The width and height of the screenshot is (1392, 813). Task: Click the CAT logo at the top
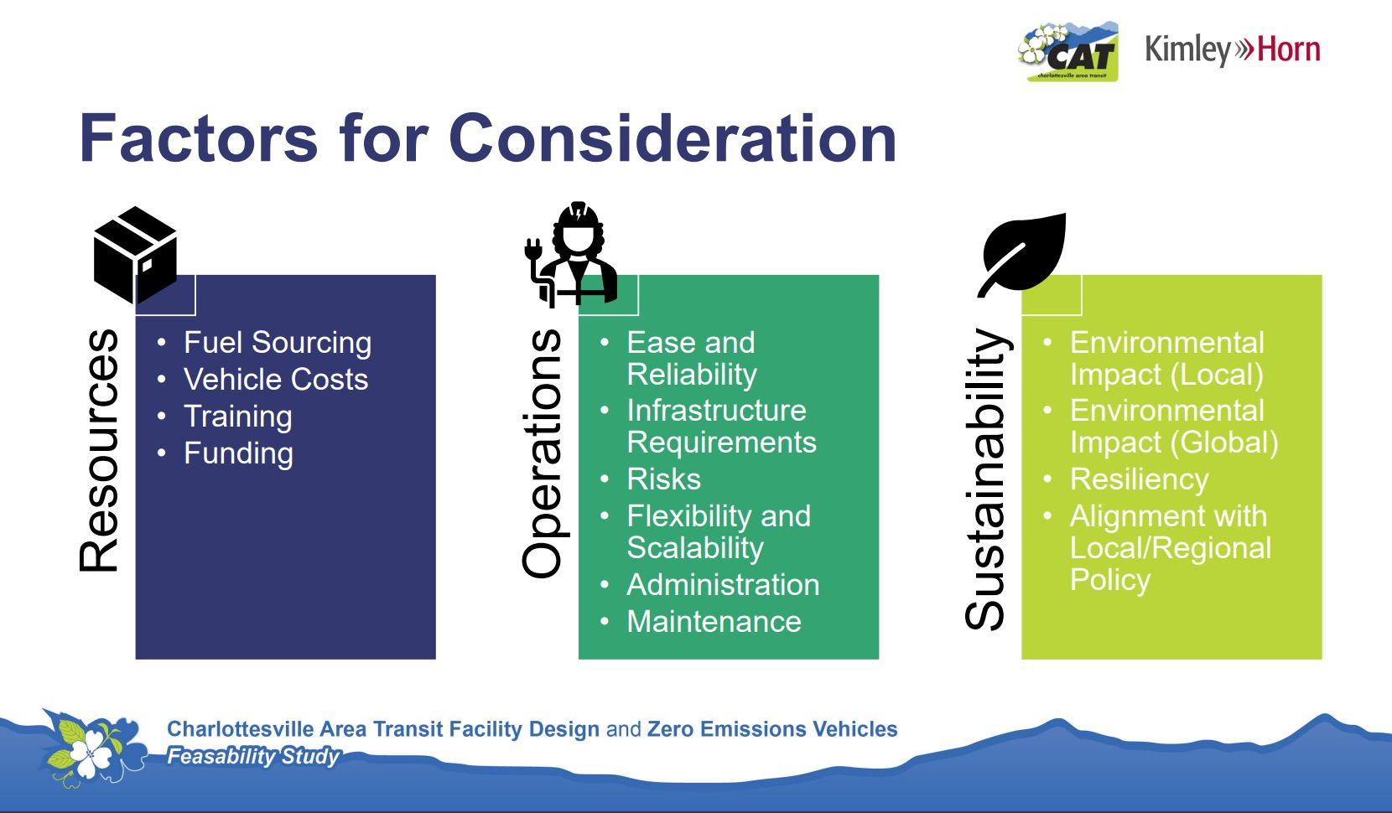1068,52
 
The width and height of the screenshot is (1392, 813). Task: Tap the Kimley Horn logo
1233,49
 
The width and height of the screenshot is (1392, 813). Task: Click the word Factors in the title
199,138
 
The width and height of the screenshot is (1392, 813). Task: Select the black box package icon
136,255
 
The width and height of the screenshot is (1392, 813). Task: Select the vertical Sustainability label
986,479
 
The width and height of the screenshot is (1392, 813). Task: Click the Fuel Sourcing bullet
278,343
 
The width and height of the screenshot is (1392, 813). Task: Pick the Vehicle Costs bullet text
276,379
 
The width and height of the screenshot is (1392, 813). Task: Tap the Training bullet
238,416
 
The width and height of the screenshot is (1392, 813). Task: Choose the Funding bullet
239,453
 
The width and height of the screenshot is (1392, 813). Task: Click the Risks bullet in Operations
663,479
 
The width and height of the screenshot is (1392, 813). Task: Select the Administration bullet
724,584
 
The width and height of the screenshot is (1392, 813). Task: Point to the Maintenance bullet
714,621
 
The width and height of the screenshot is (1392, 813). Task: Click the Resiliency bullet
1139,479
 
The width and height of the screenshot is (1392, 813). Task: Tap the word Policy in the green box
1110,580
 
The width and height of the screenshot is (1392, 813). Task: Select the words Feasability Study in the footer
253,757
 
